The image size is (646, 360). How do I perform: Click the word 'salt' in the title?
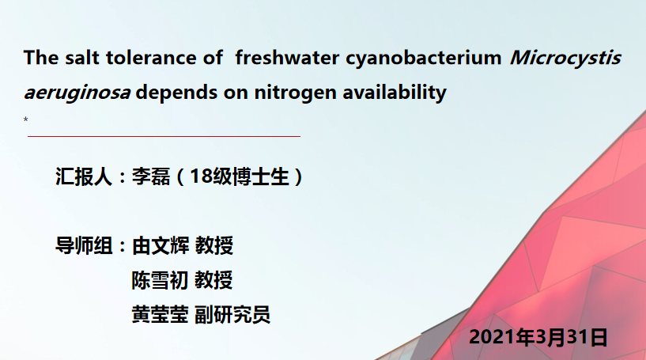82,57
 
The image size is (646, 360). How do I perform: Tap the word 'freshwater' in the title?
287,57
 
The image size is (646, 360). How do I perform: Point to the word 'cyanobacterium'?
424,58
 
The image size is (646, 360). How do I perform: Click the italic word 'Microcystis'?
565,58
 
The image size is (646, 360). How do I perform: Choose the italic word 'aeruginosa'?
77,93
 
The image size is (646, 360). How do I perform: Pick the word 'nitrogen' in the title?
296,93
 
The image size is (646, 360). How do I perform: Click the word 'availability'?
395,93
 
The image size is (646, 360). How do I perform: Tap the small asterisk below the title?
25,119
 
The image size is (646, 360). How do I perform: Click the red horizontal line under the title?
164,135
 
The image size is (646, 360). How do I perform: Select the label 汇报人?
84,176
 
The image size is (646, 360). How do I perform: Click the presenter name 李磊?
151,176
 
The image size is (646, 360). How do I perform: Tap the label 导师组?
84,246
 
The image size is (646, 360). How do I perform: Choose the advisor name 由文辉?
161,246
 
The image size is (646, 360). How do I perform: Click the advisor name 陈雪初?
160,280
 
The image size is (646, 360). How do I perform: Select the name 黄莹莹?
160,315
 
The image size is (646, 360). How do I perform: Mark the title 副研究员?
232,315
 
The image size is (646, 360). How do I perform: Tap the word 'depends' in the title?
177,93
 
